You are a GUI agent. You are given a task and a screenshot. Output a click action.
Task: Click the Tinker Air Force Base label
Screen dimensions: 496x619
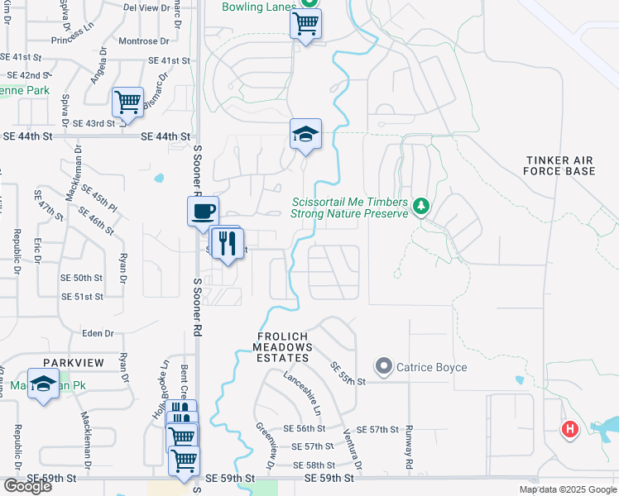pos(559,165)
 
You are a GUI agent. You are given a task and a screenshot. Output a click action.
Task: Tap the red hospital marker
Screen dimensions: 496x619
pos(569,430)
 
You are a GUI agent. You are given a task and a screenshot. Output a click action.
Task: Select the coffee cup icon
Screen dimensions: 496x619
pos(203,212)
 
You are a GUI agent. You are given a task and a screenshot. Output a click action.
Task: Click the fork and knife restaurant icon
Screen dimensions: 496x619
pos(226,243)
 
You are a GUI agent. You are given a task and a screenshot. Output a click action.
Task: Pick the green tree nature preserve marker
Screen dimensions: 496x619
pos(421,205)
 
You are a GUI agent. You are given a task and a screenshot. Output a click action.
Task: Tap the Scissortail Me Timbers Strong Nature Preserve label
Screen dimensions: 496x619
pos(349,207)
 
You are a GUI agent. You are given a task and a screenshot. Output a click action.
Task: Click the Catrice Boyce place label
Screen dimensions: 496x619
pos(431,367)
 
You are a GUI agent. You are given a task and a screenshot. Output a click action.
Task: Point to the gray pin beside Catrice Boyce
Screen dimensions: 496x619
pos(383,365)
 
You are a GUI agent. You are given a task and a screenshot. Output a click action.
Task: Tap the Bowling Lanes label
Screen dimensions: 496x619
pos(258,7)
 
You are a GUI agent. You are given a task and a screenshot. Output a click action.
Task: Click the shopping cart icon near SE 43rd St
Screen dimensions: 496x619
pos(128,103)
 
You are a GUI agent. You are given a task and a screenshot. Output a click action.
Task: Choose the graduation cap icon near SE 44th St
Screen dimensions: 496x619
pos(305,135)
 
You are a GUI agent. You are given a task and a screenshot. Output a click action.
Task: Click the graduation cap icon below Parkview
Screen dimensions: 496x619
pos(42,383)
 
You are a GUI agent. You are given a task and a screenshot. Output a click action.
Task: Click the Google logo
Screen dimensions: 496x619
pos(27,485)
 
